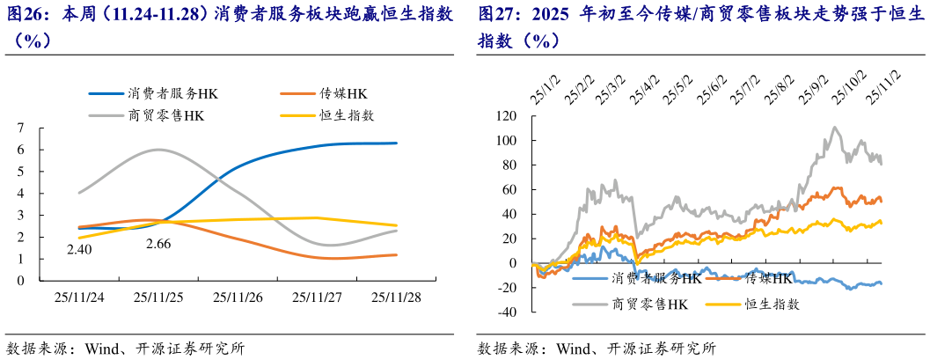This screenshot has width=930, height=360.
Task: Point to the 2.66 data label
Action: tap(157, 243)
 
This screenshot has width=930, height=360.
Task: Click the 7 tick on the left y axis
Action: tap(19, 129)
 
